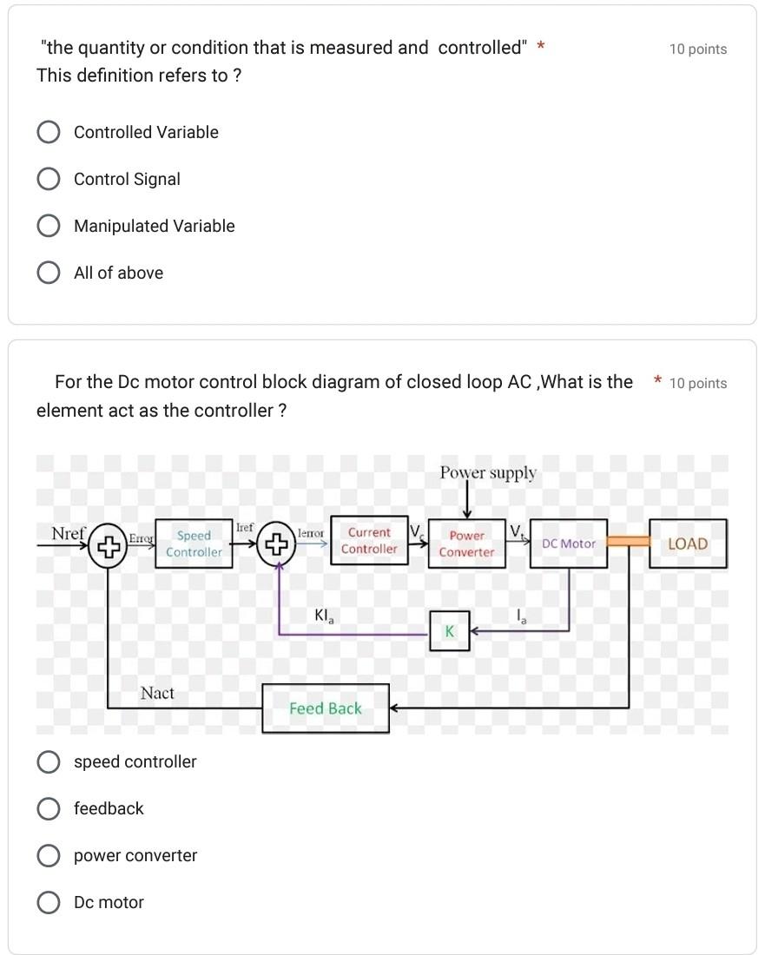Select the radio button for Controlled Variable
point(49,132)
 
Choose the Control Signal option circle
point(49,179)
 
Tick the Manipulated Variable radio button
point(49,226)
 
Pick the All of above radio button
point(49,273)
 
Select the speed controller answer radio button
point(49,761)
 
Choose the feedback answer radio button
point(49,808)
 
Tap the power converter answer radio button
point(49,855)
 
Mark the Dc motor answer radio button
point(49,902)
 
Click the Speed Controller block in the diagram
point(194,543)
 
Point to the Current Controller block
point(369,540)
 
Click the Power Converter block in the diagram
point(466,543)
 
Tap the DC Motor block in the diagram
point(568,543)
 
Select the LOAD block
point(688,543)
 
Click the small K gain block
point(450,631)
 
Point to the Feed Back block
point(326,708)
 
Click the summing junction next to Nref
point(108,546)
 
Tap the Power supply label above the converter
point(488,473)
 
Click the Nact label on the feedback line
point(157,693)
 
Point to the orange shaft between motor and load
point(628,542)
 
